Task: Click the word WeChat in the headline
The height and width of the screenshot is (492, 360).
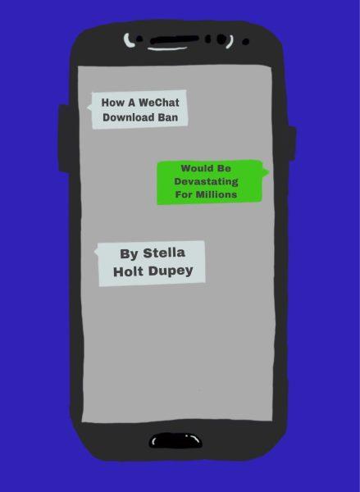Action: tap(159, 102)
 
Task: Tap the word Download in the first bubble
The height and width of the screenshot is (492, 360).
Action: tap(129, 117)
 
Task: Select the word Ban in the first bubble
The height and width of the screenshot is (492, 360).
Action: tap(168, 117)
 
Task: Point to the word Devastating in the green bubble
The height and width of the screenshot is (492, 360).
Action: tap(206, 182)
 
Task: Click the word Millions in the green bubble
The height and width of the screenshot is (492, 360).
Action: tap(215, 194)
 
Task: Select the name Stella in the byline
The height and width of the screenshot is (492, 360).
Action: tap(164, 253)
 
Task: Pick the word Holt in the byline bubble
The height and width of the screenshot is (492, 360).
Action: tap(129, 271)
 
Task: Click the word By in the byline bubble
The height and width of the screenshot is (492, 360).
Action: tap(129, 254)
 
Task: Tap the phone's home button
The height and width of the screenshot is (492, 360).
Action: tap(175, 440)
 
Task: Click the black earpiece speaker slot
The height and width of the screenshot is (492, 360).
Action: tap(175, 39)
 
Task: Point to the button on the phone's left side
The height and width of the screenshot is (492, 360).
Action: tap(65, 138)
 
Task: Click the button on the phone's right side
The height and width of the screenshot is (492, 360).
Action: tap(292, 143)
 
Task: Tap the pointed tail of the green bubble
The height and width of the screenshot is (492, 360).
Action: tap(267, 172)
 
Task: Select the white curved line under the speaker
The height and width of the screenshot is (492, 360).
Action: tap(167, 48)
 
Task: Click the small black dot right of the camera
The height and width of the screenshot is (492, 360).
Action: tap(246, 42)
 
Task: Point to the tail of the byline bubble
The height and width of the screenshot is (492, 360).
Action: tap(97, 252)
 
